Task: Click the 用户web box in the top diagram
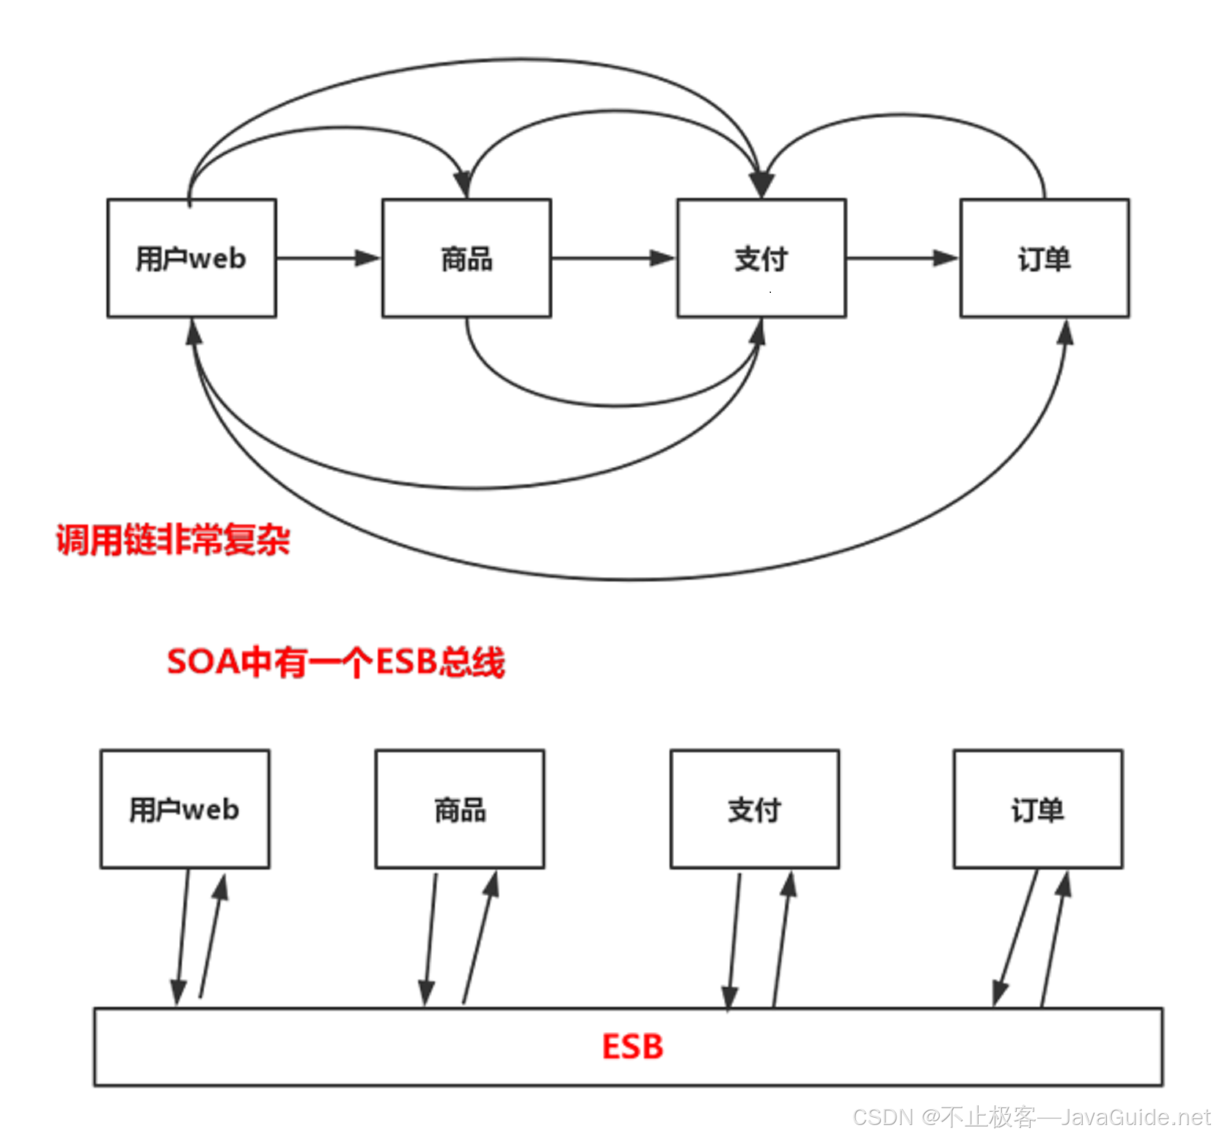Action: tap(191, 258)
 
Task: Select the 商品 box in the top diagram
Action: tap(467, 258)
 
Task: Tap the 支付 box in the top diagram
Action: tap(761, 258)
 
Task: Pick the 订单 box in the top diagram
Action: tap(1045, 258)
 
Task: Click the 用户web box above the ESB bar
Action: tap(185, 809)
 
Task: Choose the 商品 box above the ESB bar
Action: tap(460, 809)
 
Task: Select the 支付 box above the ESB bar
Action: tap(755, 809)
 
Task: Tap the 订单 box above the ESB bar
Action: tap(1038, 809)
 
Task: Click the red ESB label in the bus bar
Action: tap(632, 1047)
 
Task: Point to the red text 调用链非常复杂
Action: tap(173, 540)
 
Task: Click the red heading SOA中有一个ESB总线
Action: tap(336, 662)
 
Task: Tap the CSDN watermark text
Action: tap(1031, 1117)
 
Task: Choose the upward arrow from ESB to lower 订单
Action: tap(1054, 939)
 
